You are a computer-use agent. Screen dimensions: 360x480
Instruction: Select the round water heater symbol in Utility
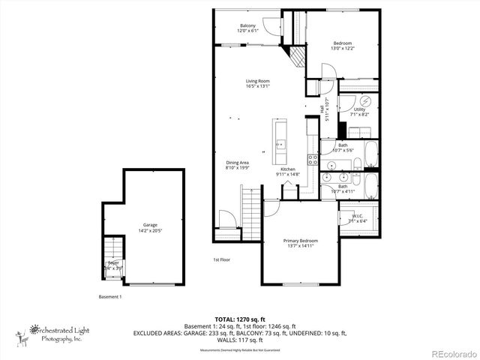point(365,100)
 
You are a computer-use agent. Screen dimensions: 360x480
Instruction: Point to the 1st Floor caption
point(222,260)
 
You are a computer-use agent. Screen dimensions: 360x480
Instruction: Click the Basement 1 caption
point(110,296)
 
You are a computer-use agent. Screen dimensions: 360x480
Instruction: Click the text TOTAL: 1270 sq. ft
point(240,319)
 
